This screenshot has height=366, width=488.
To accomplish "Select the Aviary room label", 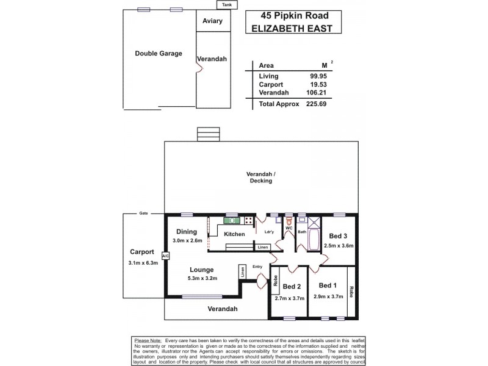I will point(212,21).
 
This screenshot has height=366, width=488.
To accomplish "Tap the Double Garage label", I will point(158,54).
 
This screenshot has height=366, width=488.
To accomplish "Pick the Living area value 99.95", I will point(318,76).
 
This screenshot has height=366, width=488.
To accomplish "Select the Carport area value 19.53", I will point(318,85).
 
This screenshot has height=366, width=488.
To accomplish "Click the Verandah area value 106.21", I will point(317,93).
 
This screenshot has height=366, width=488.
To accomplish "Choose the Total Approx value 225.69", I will point(317,104).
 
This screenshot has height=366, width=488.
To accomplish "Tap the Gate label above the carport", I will point(144,213).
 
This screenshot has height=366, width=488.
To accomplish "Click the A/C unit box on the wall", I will point(165,256).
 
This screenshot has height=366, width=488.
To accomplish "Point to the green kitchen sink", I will point(232,220).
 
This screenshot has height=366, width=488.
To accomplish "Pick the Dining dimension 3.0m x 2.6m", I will point(186,242).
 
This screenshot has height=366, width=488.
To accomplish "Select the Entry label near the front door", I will point(257,266).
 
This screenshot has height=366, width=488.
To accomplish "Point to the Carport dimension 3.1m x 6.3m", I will point(143,263).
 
